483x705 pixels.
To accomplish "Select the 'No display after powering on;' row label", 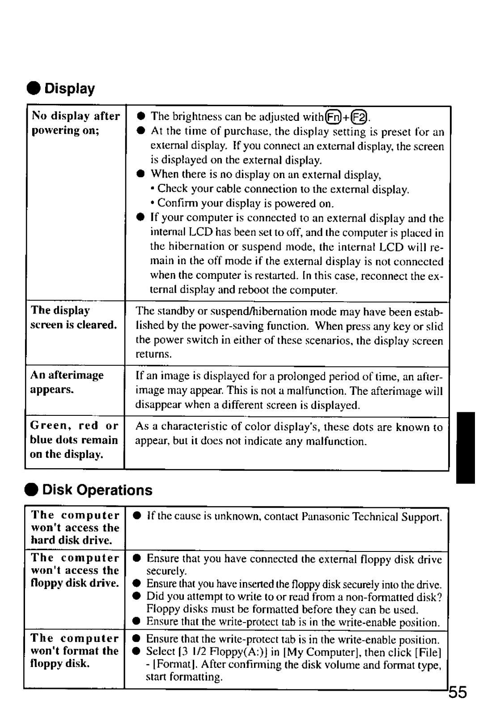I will (75, 123).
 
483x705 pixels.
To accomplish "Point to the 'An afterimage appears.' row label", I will (67, 382).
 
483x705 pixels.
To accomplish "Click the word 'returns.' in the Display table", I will (154, 354).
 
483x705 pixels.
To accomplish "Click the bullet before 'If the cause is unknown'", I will (137, 517).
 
